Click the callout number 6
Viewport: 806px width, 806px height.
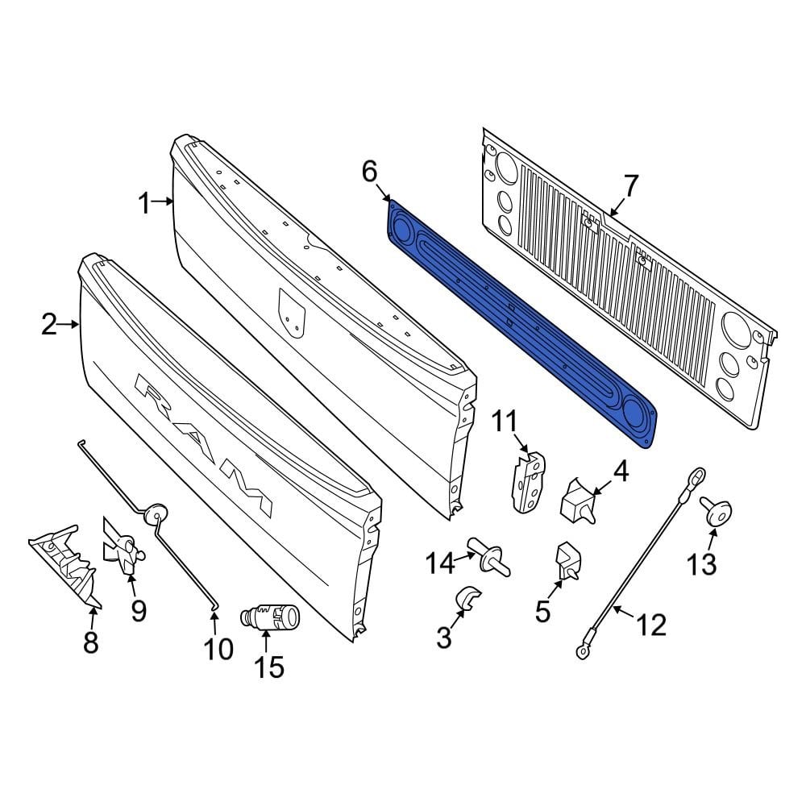click(368, 171)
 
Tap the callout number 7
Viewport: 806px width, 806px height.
click(630, 186)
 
